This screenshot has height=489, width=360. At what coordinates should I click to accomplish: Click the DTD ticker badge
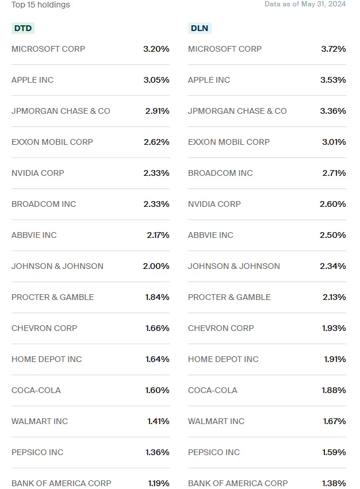[x=23, y=28]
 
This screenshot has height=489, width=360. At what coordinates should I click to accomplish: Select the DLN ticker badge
[x=199, y=28]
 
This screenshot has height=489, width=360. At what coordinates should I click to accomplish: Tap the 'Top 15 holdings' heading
[x=41, y=5]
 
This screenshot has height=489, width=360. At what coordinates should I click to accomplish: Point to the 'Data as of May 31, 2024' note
[x=305, y=4]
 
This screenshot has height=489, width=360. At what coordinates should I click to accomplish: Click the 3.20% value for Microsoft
[x=156, y=49]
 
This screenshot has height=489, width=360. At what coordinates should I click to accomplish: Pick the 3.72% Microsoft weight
[x=334, y=49]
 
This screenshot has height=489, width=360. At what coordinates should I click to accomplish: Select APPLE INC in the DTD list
[x=32, y=80]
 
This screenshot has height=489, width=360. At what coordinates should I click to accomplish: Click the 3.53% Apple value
[x=334, y=80]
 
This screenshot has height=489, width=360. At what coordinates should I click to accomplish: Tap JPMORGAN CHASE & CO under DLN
[x=237, y=111]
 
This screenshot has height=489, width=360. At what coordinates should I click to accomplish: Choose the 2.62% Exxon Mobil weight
[x=156, y=142]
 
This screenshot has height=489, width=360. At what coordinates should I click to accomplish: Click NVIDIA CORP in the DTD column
[x=38, y=173]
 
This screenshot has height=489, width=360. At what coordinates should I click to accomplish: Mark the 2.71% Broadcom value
[x=334, y=173]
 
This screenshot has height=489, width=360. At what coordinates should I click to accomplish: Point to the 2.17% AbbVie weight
[x=158, y=235]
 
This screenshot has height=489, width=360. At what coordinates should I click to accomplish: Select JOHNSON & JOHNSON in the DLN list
[x=234, y=266]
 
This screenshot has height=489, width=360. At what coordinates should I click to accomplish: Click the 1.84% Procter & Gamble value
[x=157, y=297]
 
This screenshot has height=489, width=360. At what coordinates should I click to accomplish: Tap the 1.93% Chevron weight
[x=334, y=328]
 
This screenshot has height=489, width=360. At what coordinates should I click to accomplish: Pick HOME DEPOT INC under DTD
[x=47, y=359]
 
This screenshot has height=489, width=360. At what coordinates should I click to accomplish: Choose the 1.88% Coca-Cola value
[x=334, y=390]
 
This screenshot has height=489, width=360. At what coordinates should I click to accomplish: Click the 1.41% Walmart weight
[x=158, y=421]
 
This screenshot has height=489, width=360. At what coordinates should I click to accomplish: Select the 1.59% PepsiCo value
[x=334, y=452]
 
